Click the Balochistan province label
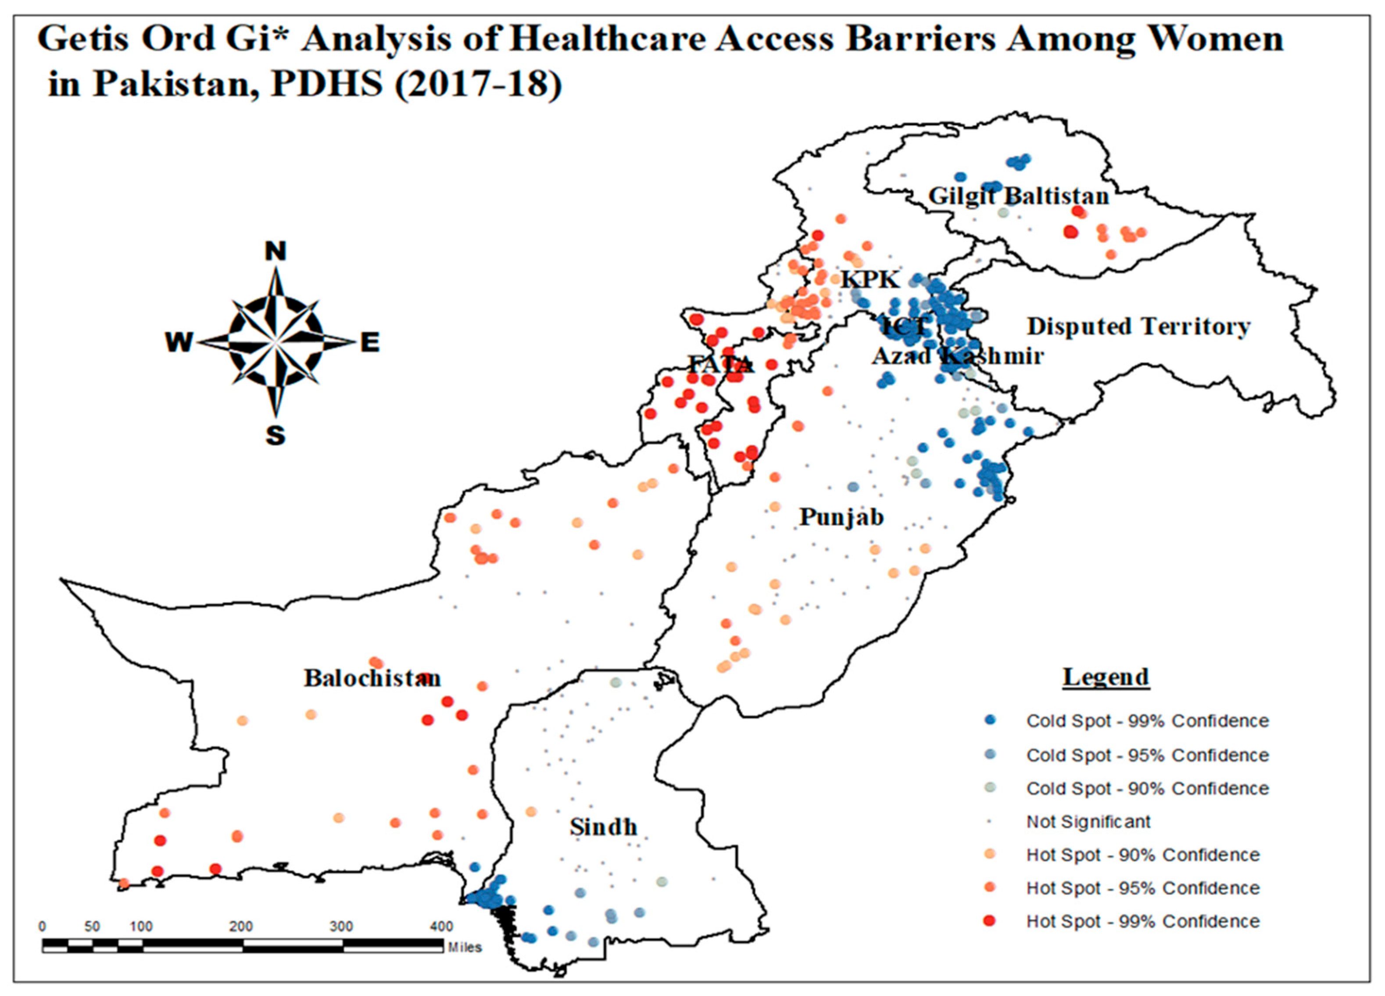(x=372, y=678)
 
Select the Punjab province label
(x=841, y=517)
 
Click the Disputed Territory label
(x=1139, y=327)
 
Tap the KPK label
(x=870, y=279)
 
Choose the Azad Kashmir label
(x=958, y=356)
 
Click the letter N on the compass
(x=276, y=251)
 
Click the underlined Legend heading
(x=1106, y=677)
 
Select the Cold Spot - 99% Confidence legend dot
(x=991, y=720)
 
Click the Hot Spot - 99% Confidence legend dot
(x=991, y=921)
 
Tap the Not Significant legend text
(x=1088, y=822)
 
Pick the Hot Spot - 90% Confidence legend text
(x=1142, y=855)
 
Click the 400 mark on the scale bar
(x=441, y=926)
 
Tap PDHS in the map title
(x=327, y=84)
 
